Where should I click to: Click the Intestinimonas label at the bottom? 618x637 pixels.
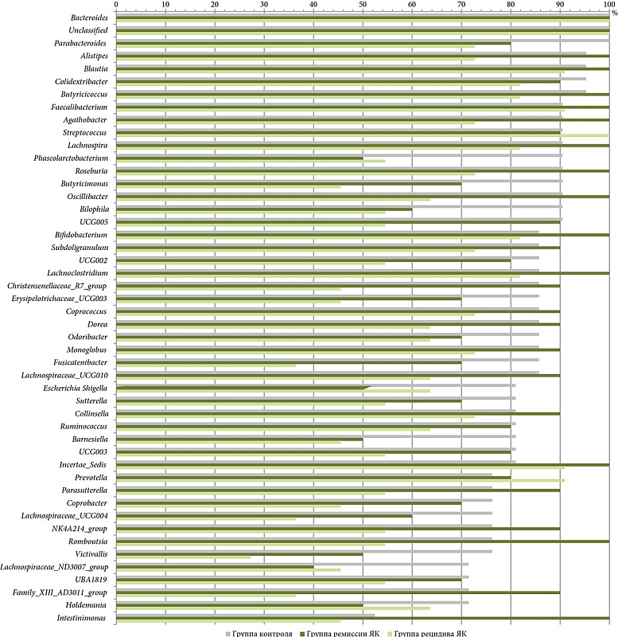click(82, 618)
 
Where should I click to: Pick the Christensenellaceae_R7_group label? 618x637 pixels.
click(57, 286)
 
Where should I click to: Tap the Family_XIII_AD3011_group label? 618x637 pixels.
click(60, 592)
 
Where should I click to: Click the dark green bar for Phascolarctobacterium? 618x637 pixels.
click(239, 158)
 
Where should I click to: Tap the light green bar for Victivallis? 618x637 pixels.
click(183, 557)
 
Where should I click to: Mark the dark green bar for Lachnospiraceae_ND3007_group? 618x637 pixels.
click(215, 567)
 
